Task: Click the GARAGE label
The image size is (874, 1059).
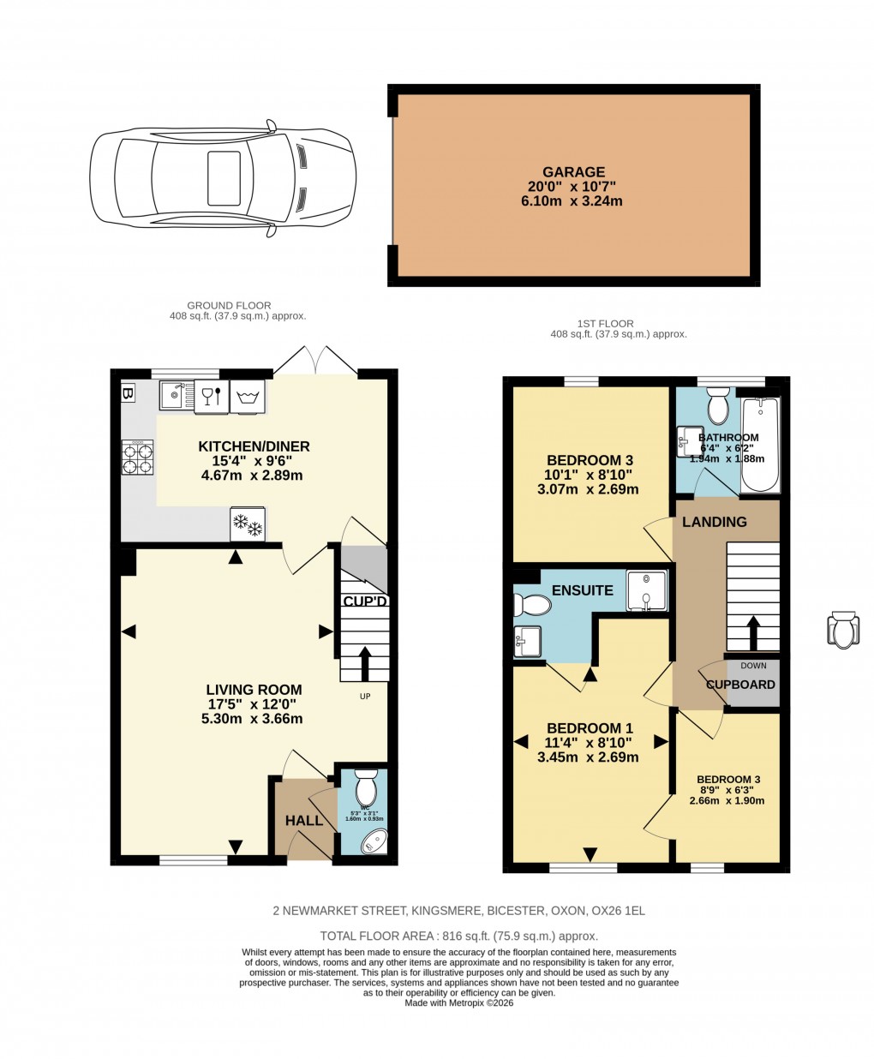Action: coord(573,172)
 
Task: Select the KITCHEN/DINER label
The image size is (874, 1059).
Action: coord(254,446)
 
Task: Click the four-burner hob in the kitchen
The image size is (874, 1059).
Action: coord(139,457)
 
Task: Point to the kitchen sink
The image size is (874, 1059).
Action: coord(177,395)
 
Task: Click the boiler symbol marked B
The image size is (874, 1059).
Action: coord(129,393)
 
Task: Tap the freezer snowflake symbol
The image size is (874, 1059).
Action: coord(248,525)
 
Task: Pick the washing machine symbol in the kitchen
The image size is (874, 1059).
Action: coord(248,396)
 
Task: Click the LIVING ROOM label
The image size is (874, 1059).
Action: coord(254,689)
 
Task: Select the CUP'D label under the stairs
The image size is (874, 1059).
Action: coord(365,601)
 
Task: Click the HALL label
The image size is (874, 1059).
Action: coord(304,820)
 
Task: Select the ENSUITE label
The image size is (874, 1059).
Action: coord(582,590)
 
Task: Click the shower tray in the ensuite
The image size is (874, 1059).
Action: coord(646,590)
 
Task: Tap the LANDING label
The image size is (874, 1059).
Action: coord(714,522)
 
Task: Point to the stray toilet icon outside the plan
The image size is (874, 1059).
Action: coord(842,630)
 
